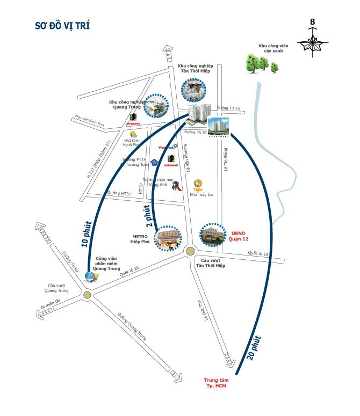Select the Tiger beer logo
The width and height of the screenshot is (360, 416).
point(198,184)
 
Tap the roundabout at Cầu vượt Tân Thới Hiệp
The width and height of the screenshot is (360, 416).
point(190,251)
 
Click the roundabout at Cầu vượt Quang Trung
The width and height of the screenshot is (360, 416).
point(88,295)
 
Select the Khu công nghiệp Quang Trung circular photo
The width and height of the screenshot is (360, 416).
point(155,106)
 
